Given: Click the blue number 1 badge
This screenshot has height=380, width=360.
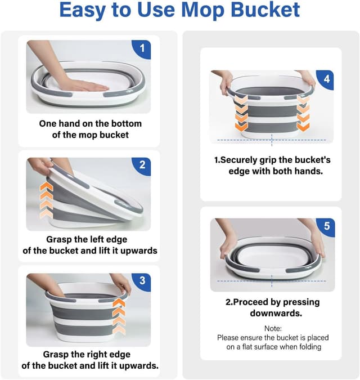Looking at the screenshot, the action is click(x=142, y=49).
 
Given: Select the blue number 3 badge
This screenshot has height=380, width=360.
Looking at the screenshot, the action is click(x=142, y=281).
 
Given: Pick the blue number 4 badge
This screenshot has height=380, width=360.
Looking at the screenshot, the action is click(x=326, y=79).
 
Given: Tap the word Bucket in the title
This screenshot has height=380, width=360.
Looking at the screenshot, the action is click(x=265, y=10).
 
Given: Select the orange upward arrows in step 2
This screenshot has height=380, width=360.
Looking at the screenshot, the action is click(x=47, y=200).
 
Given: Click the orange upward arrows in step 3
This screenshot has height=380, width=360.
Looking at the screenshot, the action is click(x=119, y=316).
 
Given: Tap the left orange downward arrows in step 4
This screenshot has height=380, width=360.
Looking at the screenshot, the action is click(x=241, y=113).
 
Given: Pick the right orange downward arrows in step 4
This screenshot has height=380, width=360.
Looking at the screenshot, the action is click(x=303, y=113).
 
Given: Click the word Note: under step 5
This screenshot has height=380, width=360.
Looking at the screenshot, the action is click(x=273, y=328).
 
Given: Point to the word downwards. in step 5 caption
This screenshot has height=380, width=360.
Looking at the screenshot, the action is click(x=276, y=313).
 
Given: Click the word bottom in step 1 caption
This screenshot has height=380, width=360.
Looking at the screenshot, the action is click(x=126, y=124).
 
